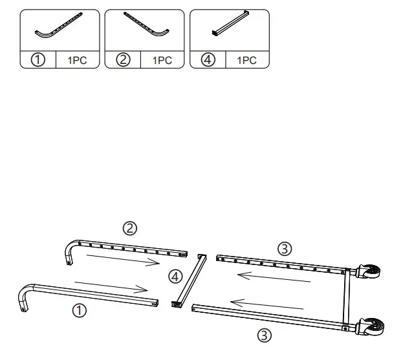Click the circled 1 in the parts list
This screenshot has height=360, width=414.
pos(38,60)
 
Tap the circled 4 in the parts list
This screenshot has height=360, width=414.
pos(208,60)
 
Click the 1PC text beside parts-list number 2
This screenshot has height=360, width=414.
pos(162,60)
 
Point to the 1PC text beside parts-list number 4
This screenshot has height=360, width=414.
pos(246,60)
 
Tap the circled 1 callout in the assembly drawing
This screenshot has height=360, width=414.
pos(78,311)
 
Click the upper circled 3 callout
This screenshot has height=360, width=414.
pos(284,248)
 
